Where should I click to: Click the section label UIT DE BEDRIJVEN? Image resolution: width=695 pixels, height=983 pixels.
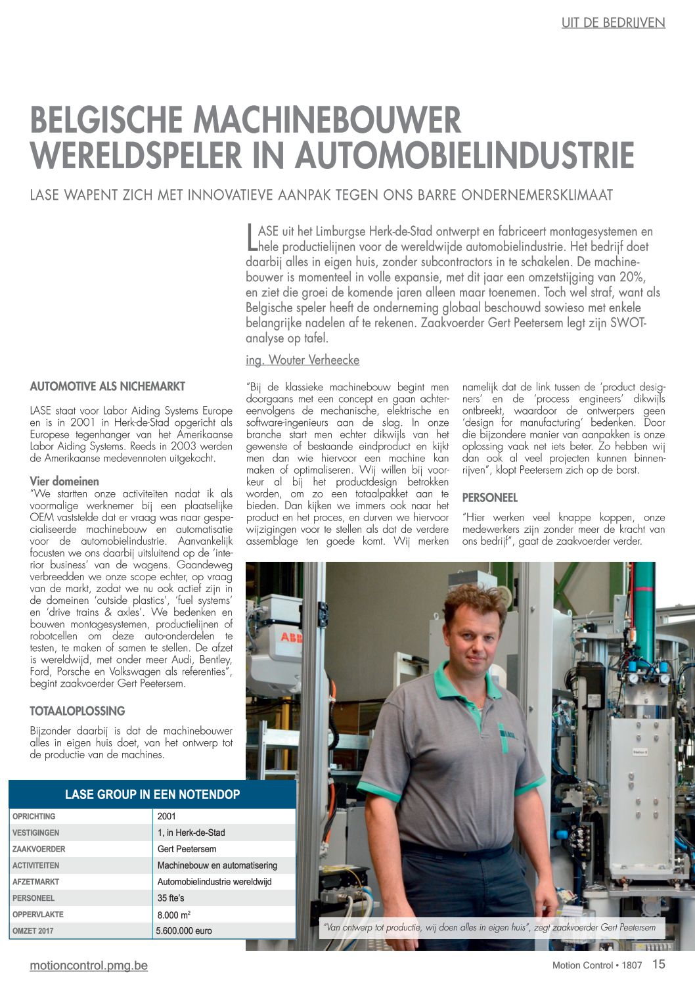[x=613, y=23]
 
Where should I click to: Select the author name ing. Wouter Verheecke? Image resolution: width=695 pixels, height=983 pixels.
[x=302, y=360]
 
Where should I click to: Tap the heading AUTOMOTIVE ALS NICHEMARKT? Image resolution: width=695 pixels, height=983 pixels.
[x=108, y=386]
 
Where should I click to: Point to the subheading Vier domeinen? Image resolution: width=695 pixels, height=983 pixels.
[x=64, y=481]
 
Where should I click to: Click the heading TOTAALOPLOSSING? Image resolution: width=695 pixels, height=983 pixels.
[x=78, y=711]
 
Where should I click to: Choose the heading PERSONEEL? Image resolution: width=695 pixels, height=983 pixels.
[x=490, y=498]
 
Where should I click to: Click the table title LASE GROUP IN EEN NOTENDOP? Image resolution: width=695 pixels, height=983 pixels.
[x=152, y=794]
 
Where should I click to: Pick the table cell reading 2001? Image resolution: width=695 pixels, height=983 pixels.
[x=167, y=816]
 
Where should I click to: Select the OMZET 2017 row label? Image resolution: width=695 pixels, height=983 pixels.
[x=33, y=931]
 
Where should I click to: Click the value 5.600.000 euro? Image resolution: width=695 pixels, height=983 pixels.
[x=184, y=931]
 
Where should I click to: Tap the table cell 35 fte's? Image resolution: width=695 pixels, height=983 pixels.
[x=171, y=898]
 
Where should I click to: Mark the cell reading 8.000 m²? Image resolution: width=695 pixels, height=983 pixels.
[x=174, y=915]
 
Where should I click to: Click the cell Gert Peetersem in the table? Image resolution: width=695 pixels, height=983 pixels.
[x=187, y=849]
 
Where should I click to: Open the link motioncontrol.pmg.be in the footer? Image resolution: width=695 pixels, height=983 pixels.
[x=89, y=965]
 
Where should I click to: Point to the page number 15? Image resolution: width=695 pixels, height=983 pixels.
[x=658, y=965]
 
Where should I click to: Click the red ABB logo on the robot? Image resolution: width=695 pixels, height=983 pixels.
[x=292, y=637]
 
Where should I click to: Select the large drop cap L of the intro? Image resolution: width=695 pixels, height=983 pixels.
[x=252, y=237]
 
